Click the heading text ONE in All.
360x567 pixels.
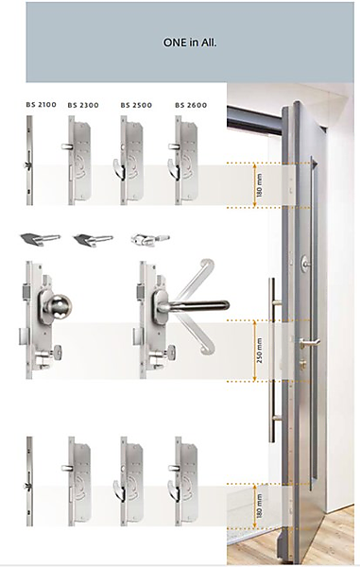click(x=190, y=43)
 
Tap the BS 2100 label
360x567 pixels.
click(x=42, y=105)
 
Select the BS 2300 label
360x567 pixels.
click(x=83, y=105)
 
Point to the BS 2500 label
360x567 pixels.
click(x=136, y=105)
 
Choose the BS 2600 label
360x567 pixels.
click(x=191, y=105)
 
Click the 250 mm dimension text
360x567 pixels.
click(x=260, y=351)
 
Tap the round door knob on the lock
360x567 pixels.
click(x=59, y=306)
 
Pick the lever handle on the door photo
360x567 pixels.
click(x=309, y=342)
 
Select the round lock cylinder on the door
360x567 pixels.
click(x=305, y=262)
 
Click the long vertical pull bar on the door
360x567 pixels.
click(x=273, y=360)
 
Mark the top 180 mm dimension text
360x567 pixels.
click(x=259, y=185)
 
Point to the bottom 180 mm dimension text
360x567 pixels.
click(x=259, y=506)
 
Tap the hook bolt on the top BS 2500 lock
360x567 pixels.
click(x=117, y=168)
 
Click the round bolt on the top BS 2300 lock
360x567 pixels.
click(x=66, y=146)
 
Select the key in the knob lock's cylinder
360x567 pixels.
click(x=57, y=352)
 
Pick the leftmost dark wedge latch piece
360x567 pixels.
click(x=40, y=239)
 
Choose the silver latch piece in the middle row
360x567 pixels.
click(x=150, y=239)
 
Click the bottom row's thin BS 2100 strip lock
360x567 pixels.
click(x=29, y=481)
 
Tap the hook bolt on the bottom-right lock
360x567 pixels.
click(x=172, y=489)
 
